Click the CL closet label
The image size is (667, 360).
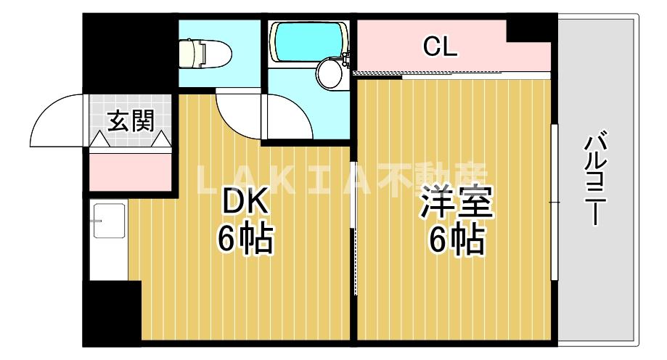pos(441,48)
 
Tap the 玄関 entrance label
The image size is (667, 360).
pos(131,120)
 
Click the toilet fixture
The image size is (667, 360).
pos(205,52)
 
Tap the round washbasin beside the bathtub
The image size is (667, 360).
pos(331,73)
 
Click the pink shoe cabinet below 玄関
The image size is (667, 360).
pos(131,171)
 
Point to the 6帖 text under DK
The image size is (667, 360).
pos(245,240)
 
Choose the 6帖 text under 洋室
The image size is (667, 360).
pos(457,240)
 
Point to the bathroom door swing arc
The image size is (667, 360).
pos(290,116)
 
